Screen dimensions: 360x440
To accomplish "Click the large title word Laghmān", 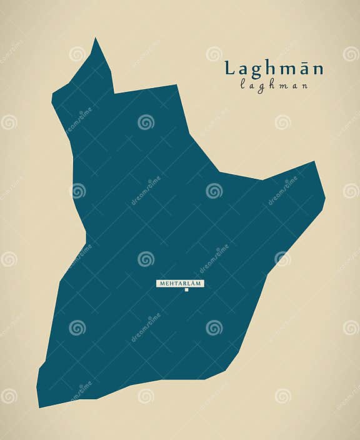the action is [x=274, y=68].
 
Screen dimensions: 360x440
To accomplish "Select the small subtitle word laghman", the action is [x=274, y=86].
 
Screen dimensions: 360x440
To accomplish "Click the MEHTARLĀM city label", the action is [x=180, y=283].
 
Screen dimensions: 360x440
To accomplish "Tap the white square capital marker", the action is [x=186, y=290].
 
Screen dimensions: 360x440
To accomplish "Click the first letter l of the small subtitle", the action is [x=242, y=85].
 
